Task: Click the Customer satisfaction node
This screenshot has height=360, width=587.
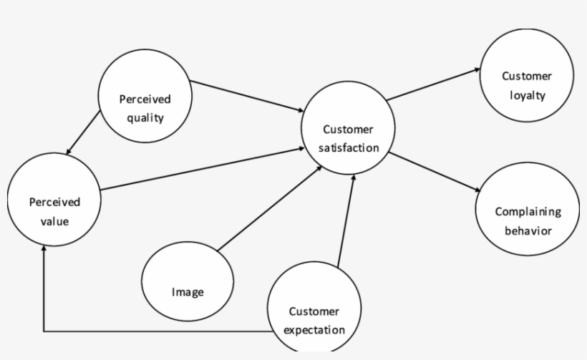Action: pyautogui.click(x=348, y=129)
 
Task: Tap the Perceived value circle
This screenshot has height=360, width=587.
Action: pyautogui.click(x=54, y=203)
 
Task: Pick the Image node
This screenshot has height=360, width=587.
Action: pyautogui.click(x=188, y=283)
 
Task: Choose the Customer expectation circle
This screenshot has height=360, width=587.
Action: pyautogui.click(x=314, y=311)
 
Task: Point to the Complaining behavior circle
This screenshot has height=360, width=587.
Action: pyautogui.click(x=528, y=212)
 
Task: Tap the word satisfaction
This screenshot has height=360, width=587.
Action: pyautogui.click(x=349, y=148)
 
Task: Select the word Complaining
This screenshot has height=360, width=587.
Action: pyautogui.click(x=528, y=212)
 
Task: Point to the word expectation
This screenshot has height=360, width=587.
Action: pyautogui.click(x=314, y=330)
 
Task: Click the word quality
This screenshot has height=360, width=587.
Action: pyautogui.click(x=145, y=118)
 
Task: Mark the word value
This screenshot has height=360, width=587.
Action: pyautogui.click(x=54, y=221)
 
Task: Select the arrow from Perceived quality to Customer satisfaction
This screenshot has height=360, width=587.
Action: pyautogui.click(x=247, y=96)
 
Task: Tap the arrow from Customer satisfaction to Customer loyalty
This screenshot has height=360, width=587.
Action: pyautogui.click(x=433, y=84)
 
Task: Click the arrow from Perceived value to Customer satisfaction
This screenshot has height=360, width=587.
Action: pyautogui.click(x=200, y=170)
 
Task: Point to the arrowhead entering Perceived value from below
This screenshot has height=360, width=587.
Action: pyautogui.click(x=44, y=248)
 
